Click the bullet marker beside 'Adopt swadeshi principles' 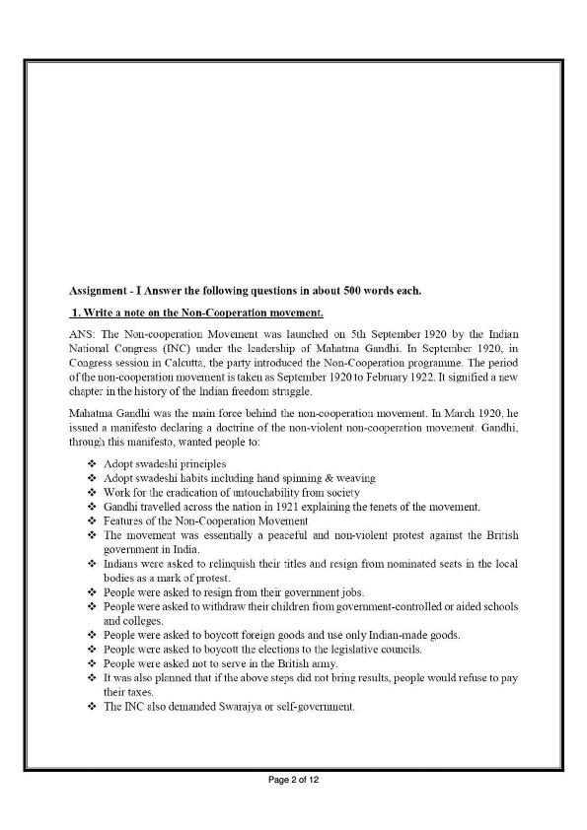(x=92, y=462)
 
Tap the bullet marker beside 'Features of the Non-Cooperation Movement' (x=92, y=520)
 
